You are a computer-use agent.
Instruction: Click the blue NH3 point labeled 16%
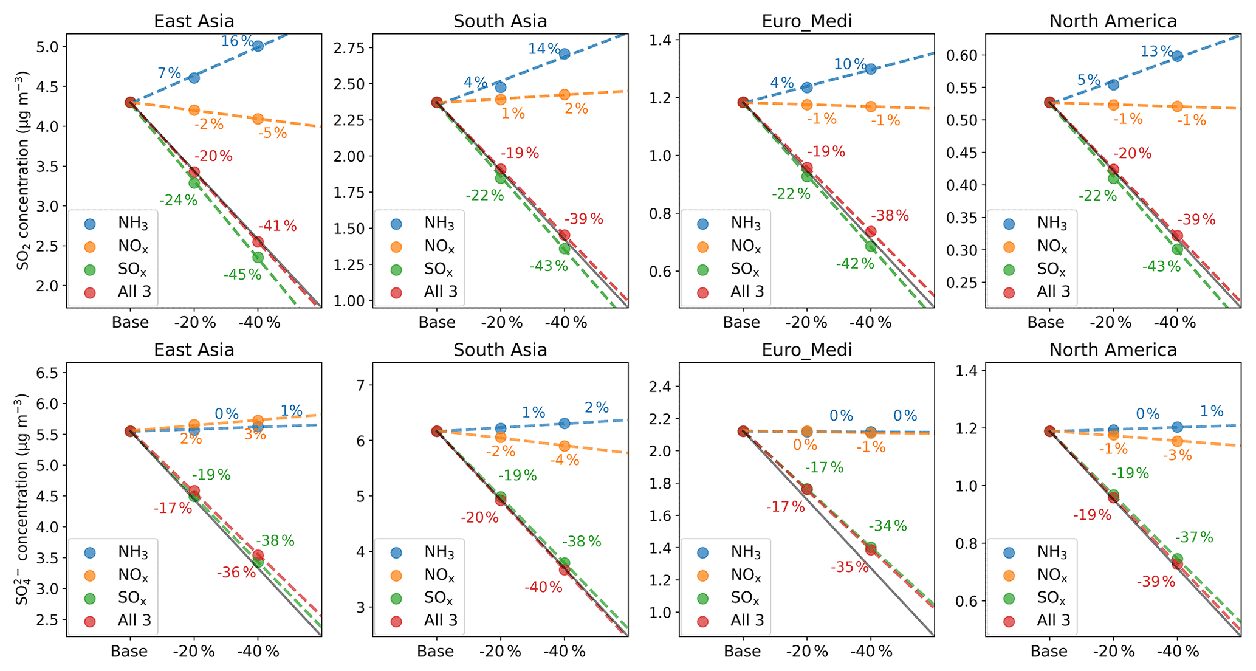pos(258,46)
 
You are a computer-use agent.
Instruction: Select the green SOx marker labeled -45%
pos(258,257)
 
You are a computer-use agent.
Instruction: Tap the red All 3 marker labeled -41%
pos(258,242)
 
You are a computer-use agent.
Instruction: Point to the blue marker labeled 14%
pos(564,54)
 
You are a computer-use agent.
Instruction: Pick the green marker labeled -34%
pos(871,547)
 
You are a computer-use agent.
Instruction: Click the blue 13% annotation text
pos(1156,52)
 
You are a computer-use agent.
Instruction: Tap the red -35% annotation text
pos(850,567)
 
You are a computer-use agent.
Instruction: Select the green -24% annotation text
pos(179,200)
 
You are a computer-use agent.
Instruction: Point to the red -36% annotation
pos(236,572)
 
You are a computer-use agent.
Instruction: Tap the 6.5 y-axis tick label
pos(47,373)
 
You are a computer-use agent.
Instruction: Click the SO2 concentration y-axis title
pos(22,171)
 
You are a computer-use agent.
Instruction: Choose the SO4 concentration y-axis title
pos(22,499)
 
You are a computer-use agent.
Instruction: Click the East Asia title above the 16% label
pos(194,21)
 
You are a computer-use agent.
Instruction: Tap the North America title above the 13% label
pos(1113,21)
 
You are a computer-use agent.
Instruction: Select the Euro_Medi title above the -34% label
pos(806,350)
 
